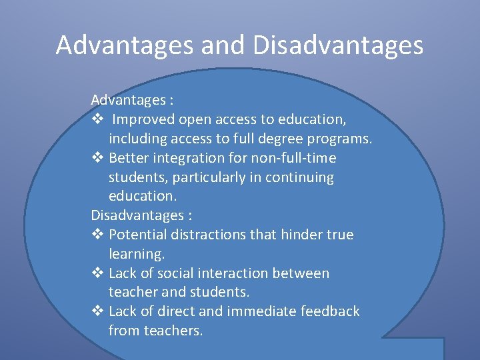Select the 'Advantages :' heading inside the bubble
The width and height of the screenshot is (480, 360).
coord(133,100)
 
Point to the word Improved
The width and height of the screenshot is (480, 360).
coord(143,119)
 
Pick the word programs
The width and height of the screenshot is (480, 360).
coord(341,139)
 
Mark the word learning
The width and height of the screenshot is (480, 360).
coord(136,255)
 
